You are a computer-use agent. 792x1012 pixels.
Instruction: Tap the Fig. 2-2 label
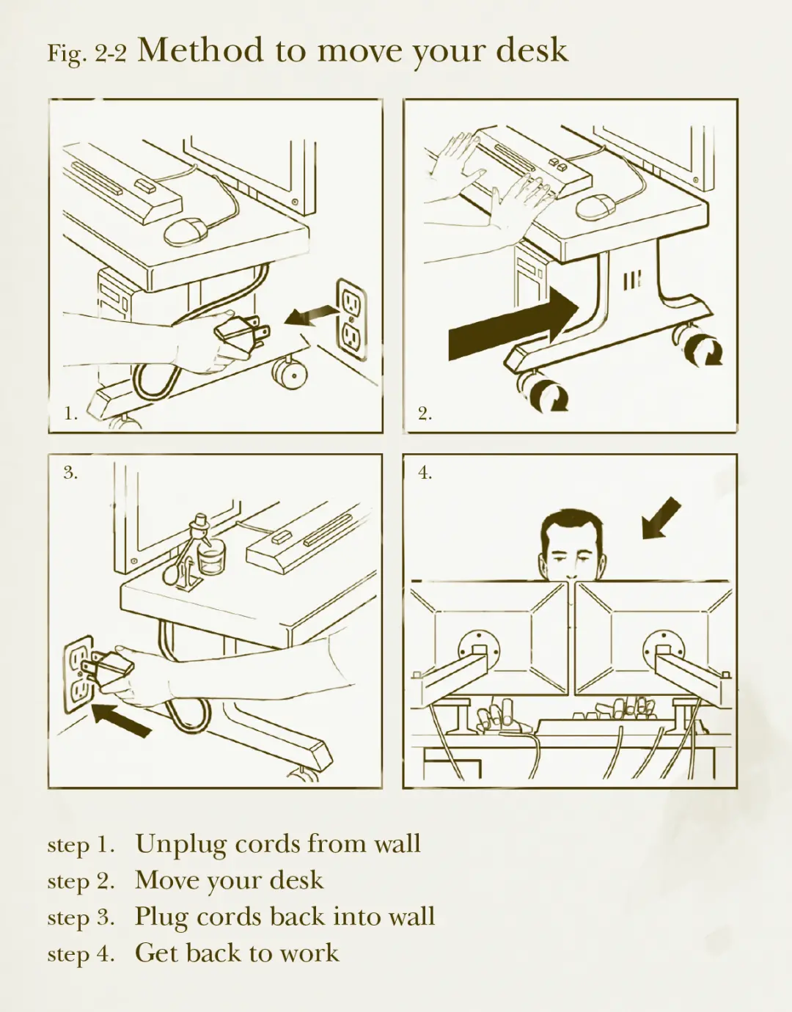pos(87,54)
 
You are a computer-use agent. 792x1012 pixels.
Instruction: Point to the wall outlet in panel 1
pos(351,320)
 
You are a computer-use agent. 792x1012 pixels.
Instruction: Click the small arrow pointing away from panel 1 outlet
pos(311,315)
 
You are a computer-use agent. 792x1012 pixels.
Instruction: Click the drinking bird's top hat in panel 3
pos(200,518)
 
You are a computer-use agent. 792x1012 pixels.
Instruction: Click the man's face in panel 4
pos(572,553)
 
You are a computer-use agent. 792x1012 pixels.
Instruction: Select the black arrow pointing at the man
pos(661,518)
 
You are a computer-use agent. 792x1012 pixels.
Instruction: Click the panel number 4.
pos(425,473)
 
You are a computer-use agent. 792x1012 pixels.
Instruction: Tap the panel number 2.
pos(425,413)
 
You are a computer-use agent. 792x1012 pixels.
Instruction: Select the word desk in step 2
pos(296,880)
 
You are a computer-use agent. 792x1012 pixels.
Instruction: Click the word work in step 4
pos(309,953)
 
